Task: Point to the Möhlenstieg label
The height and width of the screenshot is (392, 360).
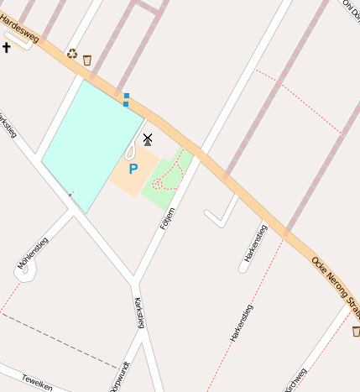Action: click(x=33, y=253)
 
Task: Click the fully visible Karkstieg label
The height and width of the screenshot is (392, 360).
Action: click(x=139, y=314)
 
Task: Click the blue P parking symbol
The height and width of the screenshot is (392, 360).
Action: click(x=133, y=169)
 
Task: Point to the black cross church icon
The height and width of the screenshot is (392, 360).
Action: click(x=7, y=47)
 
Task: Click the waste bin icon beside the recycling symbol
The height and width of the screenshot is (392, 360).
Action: click(x=87, y=60)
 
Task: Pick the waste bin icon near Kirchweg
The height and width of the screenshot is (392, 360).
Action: click(x=356, y=332)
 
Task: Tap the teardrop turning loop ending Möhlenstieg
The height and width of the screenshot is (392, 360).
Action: click(x=23, y=274)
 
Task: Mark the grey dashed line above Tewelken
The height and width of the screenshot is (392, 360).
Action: click(x=59, y=340)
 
